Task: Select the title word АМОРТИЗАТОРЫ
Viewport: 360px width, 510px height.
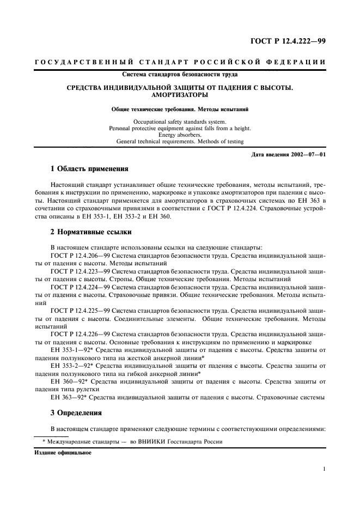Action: (180, 94)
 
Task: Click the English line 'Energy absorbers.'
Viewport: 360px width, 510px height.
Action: (180, 135)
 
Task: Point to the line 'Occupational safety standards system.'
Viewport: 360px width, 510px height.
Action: (180, 120)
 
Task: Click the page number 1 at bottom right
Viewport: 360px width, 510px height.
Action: (324, 469)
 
